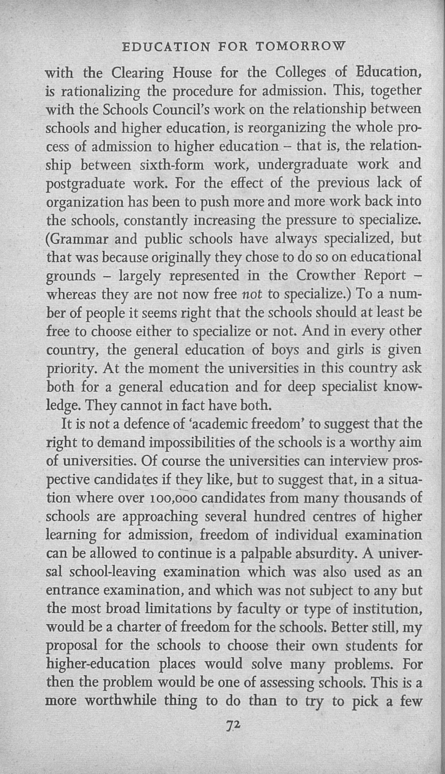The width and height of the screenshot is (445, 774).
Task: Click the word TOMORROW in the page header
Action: (300, 47)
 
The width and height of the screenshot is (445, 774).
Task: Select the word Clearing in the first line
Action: (138, 74)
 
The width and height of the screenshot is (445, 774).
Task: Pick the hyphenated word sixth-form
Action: (172, 165)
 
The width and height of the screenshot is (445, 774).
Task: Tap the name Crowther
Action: (327, 276)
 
